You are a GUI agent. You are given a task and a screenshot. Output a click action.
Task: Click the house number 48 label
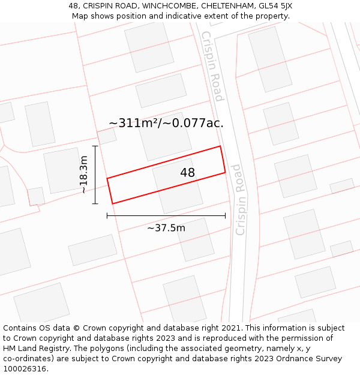pyautogui.click(x=187, y=173)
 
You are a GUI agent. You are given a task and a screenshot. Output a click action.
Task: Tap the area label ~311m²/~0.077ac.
pyautogui.click(x=166, y=123)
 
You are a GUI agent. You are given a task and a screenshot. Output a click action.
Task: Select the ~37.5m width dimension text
pyautogui.click(x=166, y=228)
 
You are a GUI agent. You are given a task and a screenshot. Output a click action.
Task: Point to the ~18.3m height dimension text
pyautogui.click(x=84, y=175)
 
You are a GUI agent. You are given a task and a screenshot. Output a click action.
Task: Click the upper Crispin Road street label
pyautogui.click(x=212, y=66)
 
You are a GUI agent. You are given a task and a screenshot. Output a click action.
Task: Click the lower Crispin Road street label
pyautogui.click(x=242, y=199)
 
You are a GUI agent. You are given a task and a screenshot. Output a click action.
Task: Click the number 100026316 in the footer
pyautogui.click(x=26, y=368)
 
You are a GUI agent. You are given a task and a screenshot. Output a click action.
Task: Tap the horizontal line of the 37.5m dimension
pyautogui.click(x=166, y=215)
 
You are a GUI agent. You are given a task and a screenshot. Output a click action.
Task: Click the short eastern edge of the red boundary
pyautogui.click(x=223, y=160)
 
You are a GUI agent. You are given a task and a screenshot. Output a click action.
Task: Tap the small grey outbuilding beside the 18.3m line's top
pyautogui.click(x=107, y=136)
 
